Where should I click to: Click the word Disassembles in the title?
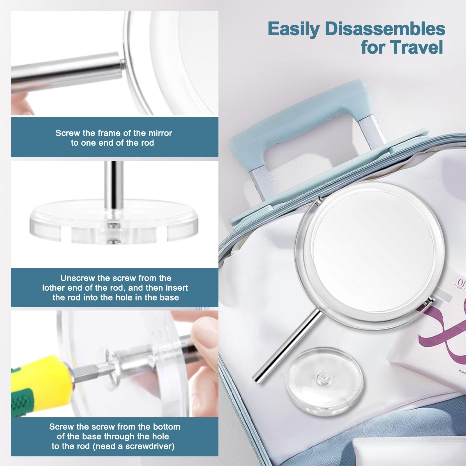coord(385,29)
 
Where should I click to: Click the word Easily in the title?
coord(294,29)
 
